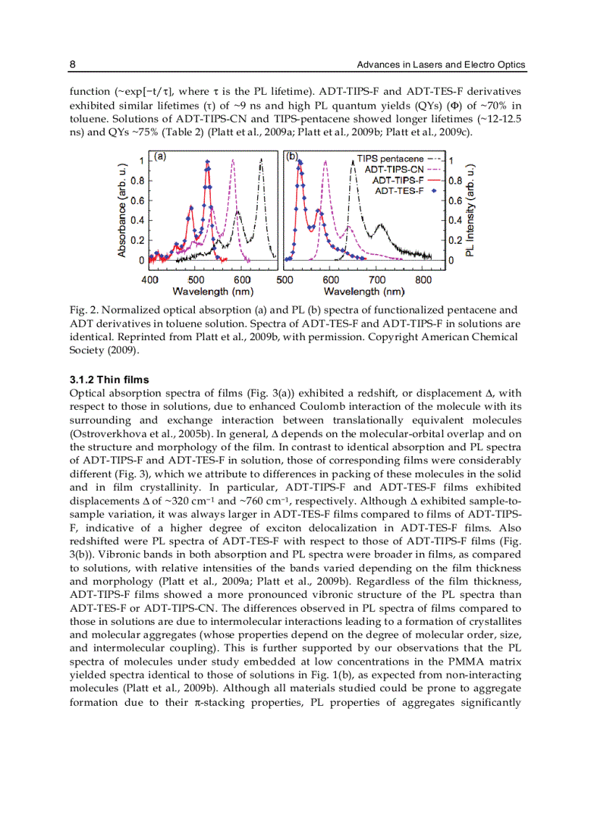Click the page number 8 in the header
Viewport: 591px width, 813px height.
click(x=72, y=65)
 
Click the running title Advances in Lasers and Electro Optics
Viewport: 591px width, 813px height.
click(x=441, y=65)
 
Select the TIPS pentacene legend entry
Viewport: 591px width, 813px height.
click(x=390, y=158)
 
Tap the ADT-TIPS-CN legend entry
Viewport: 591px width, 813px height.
click(x=394, y=169)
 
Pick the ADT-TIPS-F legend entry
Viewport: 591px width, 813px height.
click(x=398, y=180)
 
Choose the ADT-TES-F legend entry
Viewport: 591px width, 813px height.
click(x=398, y=190)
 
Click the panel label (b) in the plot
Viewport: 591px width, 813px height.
click(x=293, y=156)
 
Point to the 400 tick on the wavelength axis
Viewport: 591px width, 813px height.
click(x=150, y=279)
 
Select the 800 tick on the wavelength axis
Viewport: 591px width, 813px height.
click(x=424, y=279)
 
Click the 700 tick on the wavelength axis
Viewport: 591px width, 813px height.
click(x=377, y=279)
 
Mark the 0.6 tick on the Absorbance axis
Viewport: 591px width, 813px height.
click(x=136, y=201)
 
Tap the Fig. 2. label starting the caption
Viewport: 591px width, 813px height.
click(x=80, y=311)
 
